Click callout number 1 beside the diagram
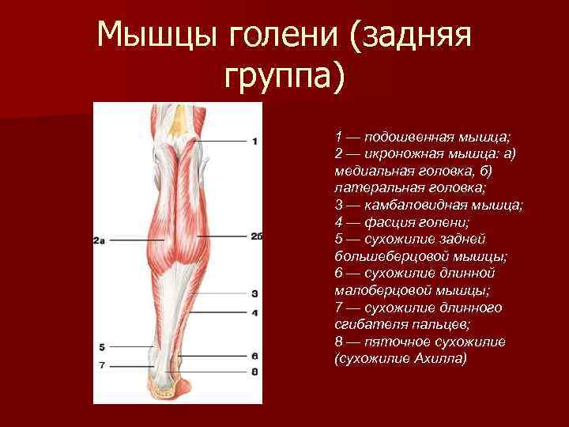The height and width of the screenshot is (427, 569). (255, 142)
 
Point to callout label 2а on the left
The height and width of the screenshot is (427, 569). (100, 240)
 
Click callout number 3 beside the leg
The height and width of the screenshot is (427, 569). (255, 293)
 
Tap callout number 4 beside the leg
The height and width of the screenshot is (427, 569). (255, 313)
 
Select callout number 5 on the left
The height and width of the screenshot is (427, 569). (102, 347)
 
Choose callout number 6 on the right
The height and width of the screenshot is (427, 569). (255, 357)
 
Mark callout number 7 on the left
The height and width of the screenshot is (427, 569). (102, 365)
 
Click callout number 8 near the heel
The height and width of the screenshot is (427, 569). (255, 371)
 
